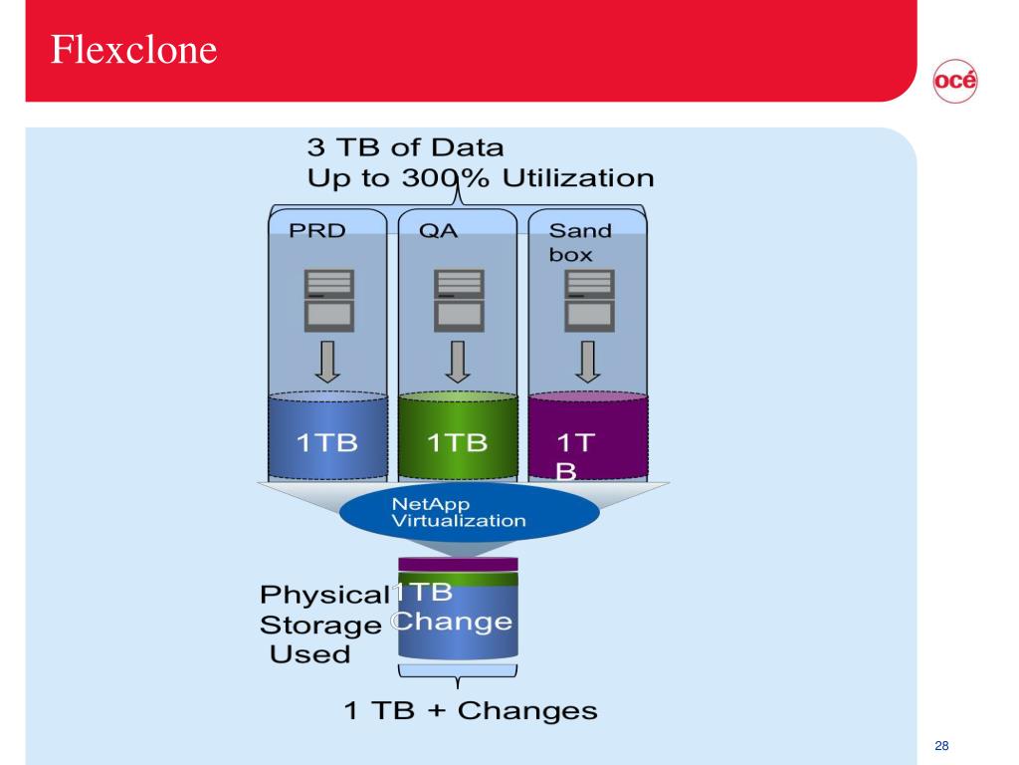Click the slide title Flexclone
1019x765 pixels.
(133, 49)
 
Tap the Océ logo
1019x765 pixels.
(954, 82)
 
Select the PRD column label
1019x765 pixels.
(317, 231)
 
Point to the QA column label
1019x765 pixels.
(438, 231)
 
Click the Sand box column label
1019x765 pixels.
(579, 242)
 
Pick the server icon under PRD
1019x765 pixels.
(327, 299)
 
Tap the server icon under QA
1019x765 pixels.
(458, 299)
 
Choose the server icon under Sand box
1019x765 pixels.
(588, 299)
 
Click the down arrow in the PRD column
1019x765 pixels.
(327, 362)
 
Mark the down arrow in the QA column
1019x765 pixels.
(458, 362)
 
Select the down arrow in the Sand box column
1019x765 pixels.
(588, 362)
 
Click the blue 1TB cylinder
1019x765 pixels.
(327, 437)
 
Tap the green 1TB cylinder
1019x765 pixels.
(458, 437)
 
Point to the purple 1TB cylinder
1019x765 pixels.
(588, 437)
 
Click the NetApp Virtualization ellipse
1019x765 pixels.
(470, 512)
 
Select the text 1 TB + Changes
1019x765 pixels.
(471, 711)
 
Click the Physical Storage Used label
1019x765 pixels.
(321, 625)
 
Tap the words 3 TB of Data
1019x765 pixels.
(405, 148)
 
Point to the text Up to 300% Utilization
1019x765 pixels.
(481, 178)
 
